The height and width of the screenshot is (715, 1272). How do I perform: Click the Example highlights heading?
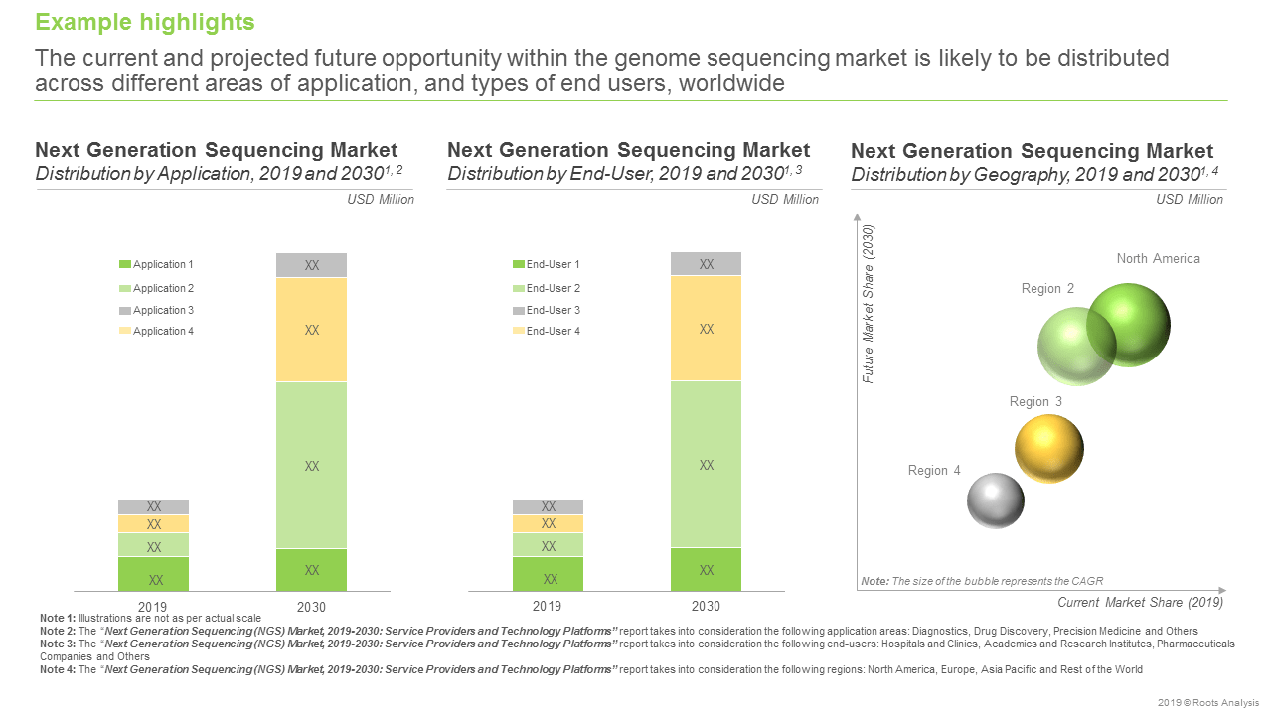coord(145,22)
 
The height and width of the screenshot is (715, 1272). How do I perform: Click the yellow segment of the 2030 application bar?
coord(311,330)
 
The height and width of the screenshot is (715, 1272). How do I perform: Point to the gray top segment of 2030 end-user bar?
coord(706,264)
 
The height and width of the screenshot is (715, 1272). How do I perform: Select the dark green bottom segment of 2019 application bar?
coord(154,574)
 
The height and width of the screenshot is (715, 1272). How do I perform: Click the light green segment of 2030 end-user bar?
coord(706,464)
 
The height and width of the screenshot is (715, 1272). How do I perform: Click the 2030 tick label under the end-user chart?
coord(706,606)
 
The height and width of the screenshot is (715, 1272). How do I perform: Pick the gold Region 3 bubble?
coord(1048,449)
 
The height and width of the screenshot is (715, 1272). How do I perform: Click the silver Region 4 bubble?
coord(995,500)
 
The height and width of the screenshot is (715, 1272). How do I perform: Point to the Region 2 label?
coord(1047,289)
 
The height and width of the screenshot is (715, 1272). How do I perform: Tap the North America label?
coord(1158,259)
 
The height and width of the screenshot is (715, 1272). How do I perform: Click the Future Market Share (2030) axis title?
coord(869,305)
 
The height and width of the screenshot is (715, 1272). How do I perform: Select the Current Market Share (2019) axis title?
coord(1140,602)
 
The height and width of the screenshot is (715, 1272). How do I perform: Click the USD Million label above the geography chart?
coord(1190,200)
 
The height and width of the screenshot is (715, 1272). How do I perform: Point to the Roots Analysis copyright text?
coord(1207,703)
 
